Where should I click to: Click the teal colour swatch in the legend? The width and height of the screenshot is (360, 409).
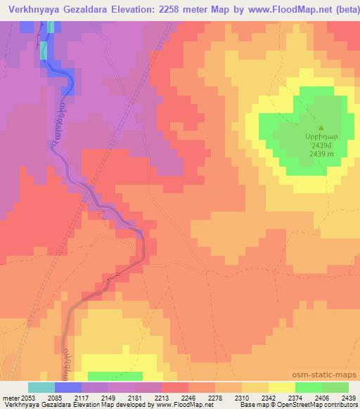coord(41,387)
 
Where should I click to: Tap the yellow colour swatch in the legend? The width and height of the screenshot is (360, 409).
coord(281,387)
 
